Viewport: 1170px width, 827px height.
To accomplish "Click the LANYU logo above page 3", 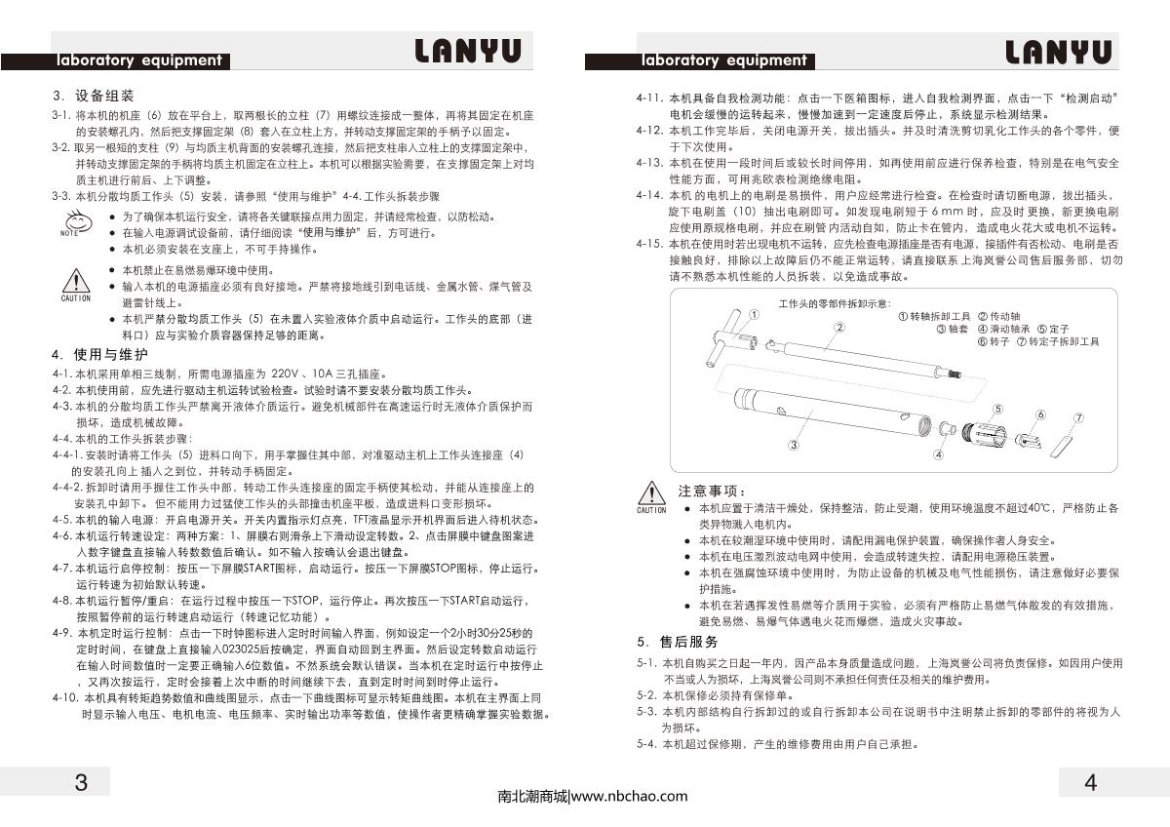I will pos(467,52).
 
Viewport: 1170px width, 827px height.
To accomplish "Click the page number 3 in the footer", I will pos(81,782).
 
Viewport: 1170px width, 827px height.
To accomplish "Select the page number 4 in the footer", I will pos(1090,782).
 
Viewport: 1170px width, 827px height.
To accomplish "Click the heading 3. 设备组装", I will pos(94,97).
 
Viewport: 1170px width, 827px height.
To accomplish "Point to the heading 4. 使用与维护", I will pos(100,353).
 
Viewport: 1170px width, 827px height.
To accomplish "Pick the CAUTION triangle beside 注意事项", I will pos(651,494).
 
